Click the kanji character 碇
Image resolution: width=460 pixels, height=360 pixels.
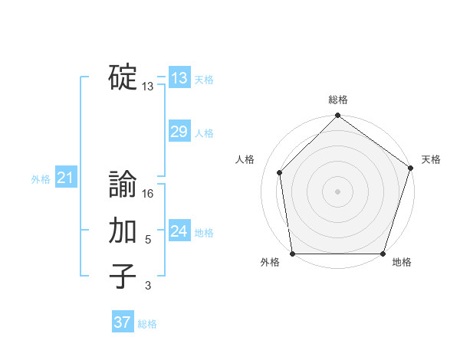click(123, 77)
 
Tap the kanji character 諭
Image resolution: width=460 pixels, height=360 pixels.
click(123, 185)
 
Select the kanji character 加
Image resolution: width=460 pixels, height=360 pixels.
click(123, 231)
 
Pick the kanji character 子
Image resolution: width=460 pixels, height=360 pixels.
click(123, 277)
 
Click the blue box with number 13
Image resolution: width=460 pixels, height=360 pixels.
click(179, 77)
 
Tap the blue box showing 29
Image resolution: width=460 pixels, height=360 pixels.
click(179, 132)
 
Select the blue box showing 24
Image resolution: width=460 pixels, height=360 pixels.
click(179, 231)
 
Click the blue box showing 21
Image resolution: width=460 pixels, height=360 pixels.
click(65, 178)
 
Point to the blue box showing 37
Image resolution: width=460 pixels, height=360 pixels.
click(123, 322)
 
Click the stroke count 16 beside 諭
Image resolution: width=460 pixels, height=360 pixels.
click(148, 195)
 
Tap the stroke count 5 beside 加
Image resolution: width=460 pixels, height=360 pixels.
click(148, 241)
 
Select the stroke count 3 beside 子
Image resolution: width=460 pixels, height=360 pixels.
click(148, 286)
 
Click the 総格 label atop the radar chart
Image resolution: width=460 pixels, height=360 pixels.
click(338, 100)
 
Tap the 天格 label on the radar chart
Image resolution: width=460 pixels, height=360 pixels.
click(431, 159)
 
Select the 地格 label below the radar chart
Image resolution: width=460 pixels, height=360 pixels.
click(402, 263)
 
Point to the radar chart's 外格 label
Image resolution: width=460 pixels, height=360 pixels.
click(270, 263)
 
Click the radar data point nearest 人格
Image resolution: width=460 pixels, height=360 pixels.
click(280, 172)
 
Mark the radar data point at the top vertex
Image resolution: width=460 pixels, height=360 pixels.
click(338, 116)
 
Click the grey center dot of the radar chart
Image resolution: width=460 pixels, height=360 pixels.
click(338, 191)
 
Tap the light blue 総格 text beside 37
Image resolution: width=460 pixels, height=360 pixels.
click(147, 324)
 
